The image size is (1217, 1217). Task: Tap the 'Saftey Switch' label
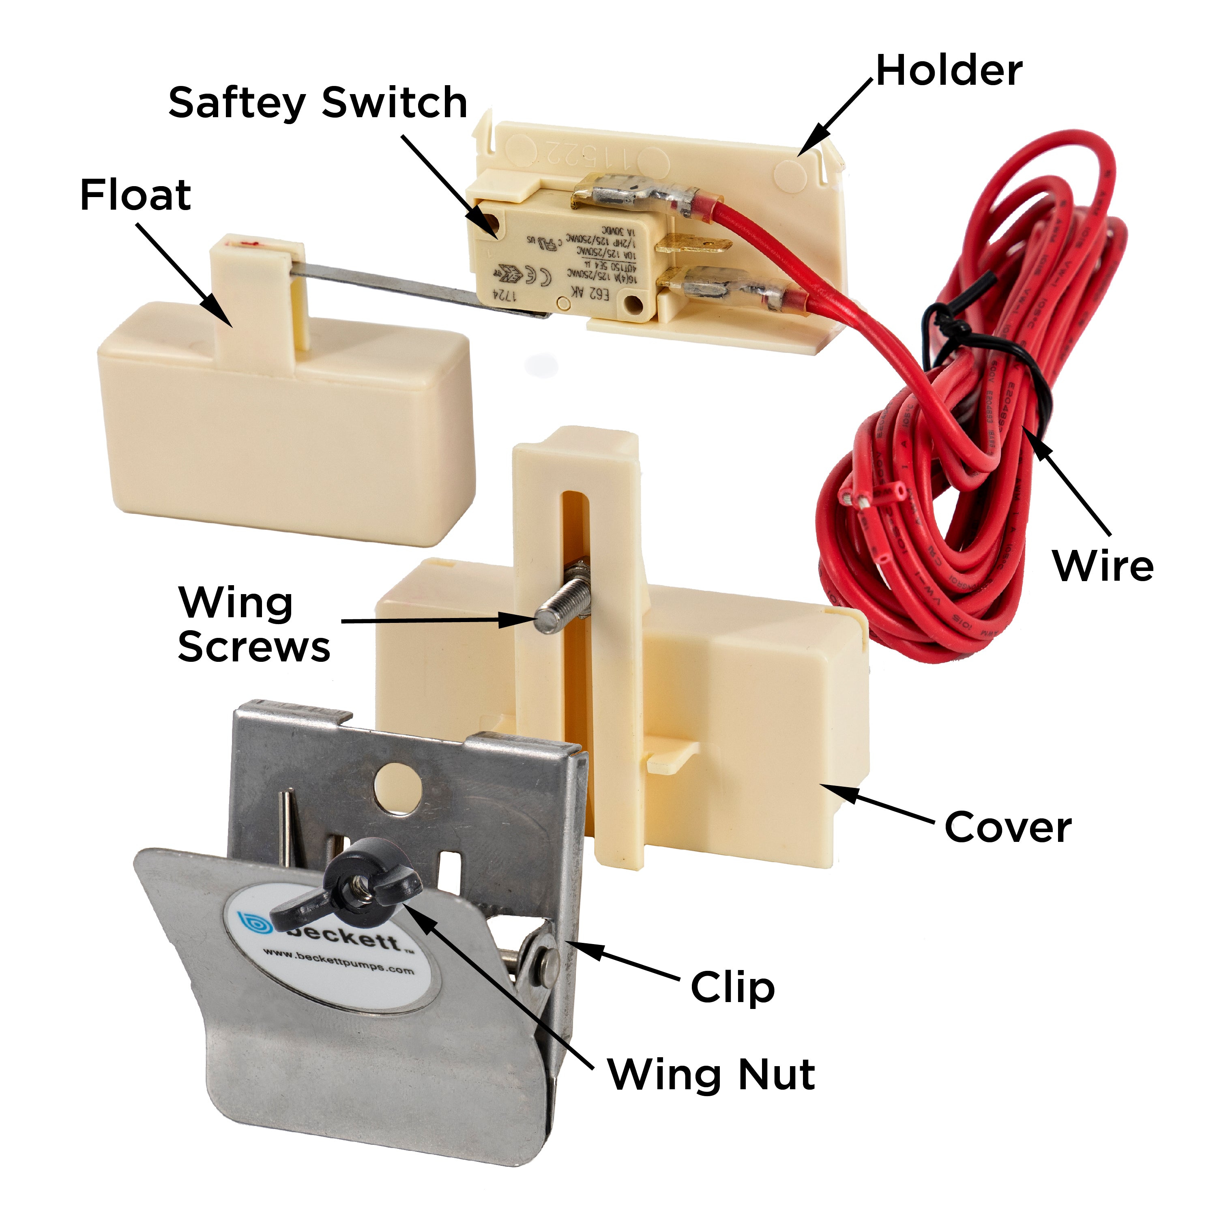[318, 103]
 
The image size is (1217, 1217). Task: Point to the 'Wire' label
[1102, 566]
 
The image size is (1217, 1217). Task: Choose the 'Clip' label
[732, 987]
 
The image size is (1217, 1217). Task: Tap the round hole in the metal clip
[397, 788]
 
